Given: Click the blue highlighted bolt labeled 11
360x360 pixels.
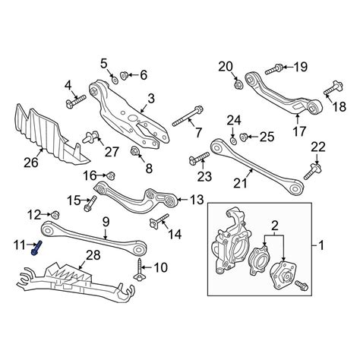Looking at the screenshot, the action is pyautogui.click(x=37, y=248).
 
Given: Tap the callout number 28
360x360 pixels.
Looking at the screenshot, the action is pyautogui.click(x=93, y=255).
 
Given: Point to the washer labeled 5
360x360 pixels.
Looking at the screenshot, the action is pyautogui.click(x=115, y=81).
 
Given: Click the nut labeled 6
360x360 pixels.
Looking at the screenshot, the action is pyautogui.click(x=125, y=75).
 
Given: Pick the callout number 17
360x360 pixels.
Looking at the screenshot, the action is pyautogui.click(x=299, y=131).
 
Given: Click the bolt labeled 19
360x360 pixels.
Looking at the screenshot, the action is pyautogui.click(x=274, y=69).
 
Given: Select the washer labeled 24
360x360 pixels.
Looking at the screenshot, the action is pyautogui.click(x=233, y=141).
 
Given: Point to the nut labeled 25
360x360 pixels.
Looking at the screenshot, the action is pyautogui.click(x=244, y=137).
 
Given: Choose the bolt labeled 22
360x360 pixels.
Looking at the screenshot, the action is pyautogui.click(x=313, y=172).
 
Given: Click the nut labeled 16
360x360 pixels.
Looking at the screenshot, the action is pyautogui.click(x=111, y=175).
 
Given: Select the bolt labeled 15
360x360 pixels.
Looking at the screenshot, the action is pyautogui.click(x=90, y=204).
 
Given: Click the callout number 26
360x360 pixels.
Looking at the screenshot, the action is pyautogui.click(x=31, y=163).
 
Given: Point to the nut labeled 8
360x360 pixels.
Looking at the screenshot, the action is pyautogui.click(x=134, y=151).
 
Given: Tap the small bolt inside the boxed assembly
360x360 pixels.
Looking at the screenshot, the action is pyautogui.click(x=302, y=285).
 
